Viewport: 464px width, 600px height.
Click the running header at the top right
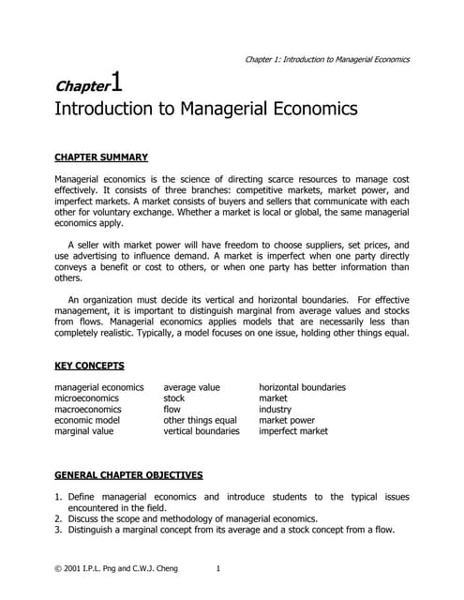pos(326,59)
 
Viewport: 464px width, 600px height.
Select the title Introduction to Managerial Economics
pos(207,110)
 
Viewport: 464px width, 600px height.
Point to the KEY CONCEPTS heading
pos(90,366)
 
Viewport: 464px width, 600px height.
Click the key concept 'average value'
pos(192,387)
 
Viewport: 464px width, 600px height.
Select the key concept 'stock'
pos(174,398)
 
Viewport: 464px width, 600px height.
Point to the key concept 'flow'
pos(172,410)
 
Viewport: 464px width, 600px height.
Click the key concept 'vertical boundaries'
pos(202,432)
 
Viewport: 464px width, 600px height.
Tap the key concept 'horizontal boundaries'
pos(302,387)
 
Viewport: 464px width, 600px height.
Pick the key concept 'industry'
pos(276,410)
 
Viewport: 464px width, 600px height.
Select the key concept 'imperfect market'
pos(293,432)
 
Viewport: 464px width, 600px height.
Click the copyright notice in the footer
pos(116,568)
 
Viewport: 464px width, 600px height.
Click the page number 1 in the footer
pos(218,568)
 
